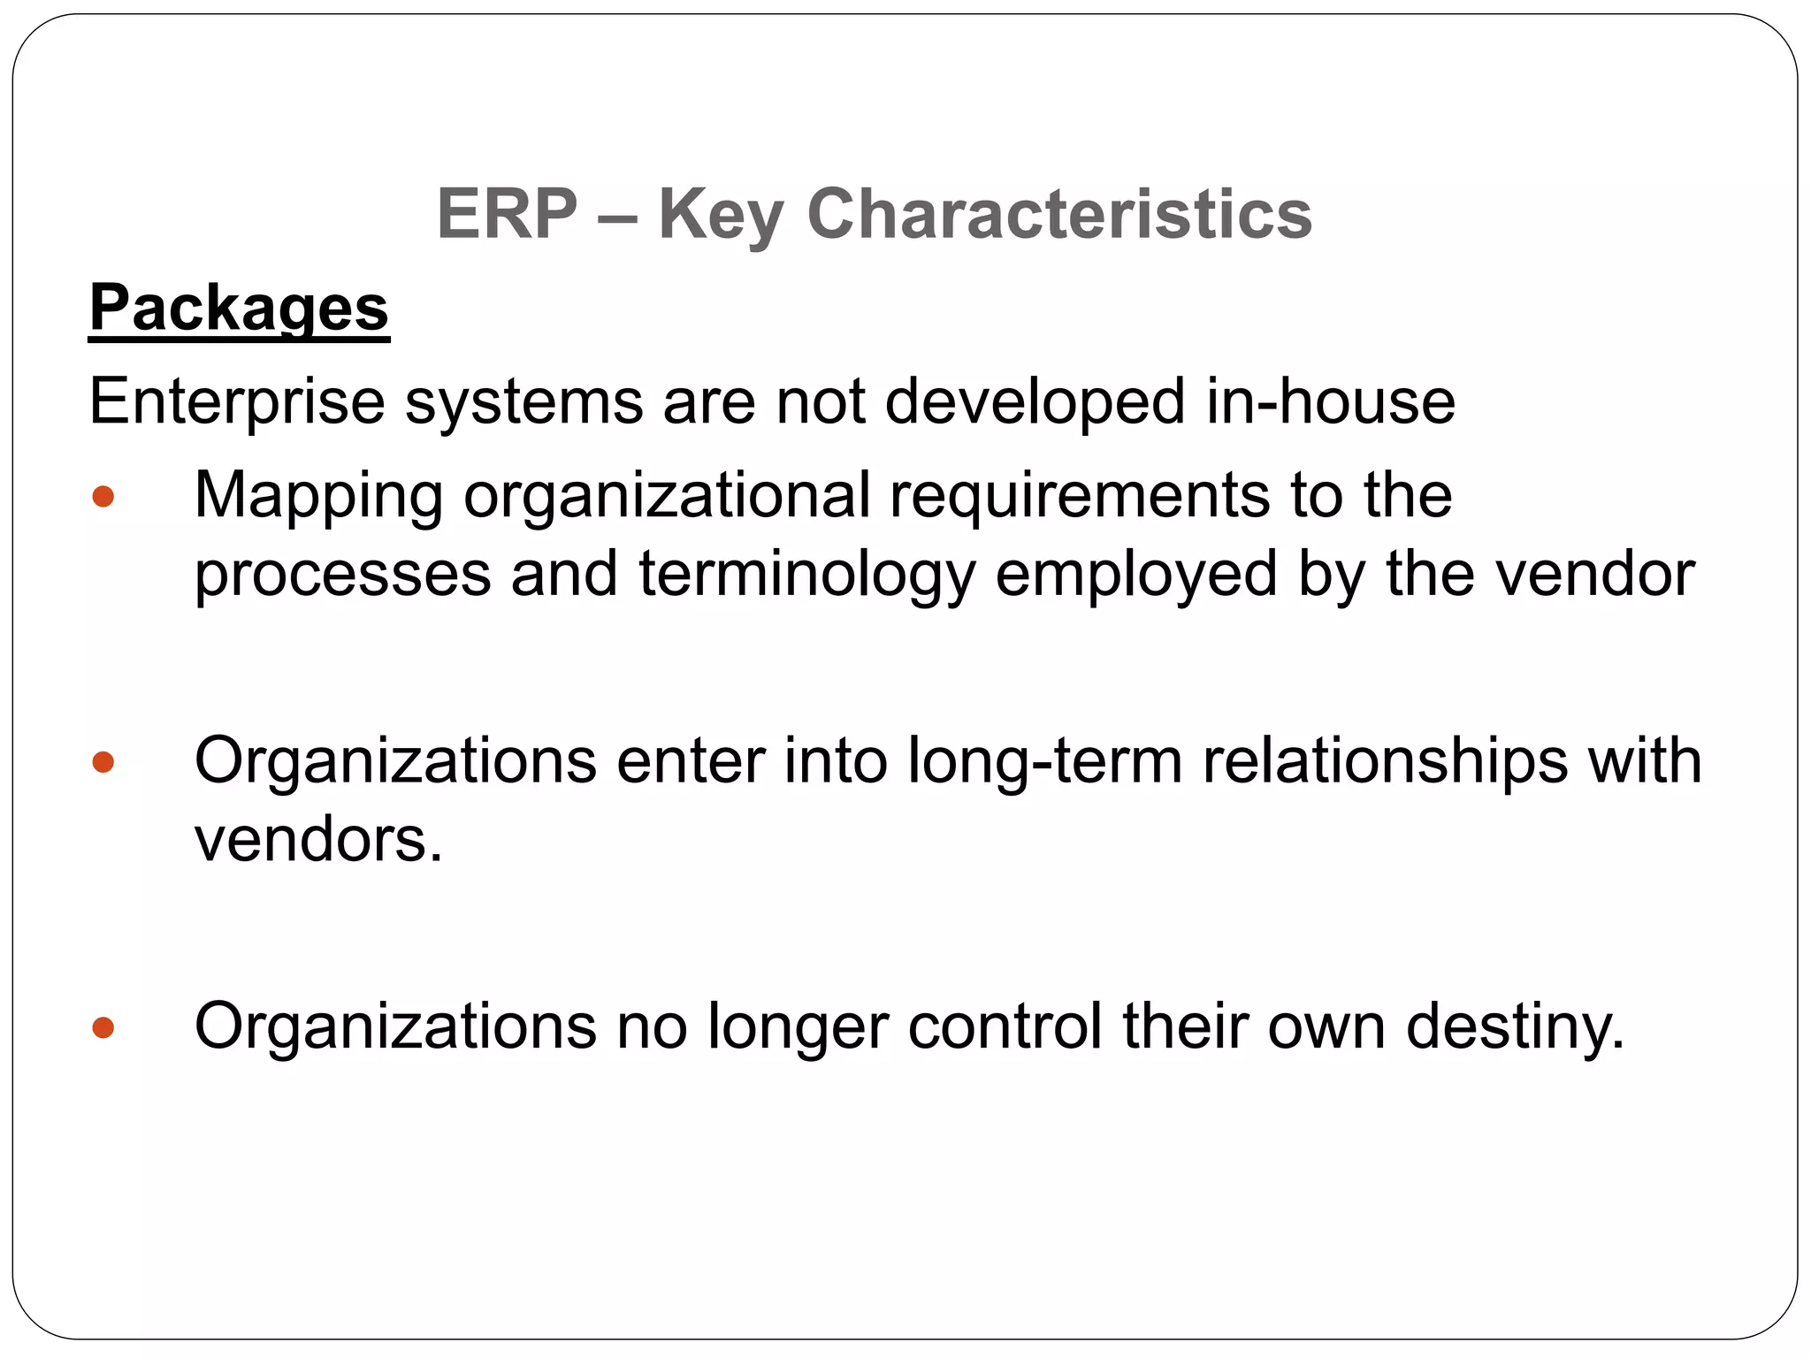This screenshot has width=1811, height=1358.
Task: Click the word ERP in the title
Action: coord(507,214)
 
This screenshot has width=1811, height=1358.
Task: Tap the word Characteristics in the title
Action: coord(1059,214)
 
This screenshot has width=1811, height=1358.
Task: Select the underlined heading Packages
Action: coord(239,308)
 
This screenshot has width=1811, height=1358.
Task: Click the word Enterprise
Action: coord(237,402)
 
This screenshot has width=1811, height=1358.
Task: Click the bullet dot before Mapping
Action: coord(103,496)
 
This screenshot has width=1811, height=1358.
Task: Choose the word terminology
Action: coord(806,576)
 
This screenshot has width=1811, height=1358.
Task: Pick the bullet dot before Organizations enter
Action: coord(103,761)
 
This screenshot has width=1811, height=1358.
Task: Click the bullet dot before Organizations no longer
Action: coord(103,1027)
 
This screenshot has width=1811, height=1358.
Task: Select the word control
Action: coord(1005,1026)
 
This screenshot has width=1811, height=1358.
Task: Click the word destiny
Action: coord(1514,1028)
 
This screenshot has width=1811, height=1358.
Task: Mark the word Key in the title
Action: coord(721,216)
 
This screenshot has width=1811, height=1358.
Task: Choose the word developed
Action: coord(1035,402)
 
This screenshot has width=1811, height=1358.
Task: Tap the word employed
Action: coord(1136,576)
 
